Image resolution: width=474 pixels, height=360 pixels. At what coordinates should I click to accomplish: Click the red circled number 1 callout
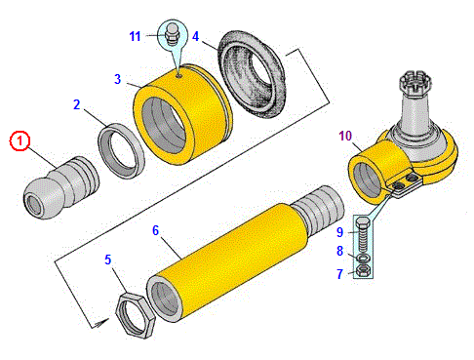coord(20,140)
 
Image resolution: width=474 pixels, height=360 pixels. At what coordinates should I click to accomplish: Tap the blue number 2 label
coord(77,104)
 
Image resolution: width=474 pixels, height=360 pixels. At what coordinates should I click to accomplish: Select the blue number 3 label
coord(118,79)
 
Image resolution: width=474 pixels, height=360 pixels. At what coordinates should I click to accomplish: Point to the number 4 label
coord(195,36)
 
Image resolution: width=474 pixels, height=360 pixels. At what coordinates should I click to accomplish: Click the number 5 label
coord(108,260)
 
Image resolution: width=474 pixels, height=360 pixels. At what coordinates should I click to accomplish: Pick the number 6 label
coord(156,230)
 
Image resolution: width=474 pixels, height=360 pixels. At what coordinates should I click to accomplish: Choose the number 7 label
coord(340,274)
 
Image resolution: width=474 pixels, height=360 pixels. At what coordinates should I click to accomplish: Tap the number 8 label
coord(340,251)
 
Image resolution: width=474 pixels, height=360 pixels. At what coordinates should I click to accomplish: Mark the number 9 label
coord(340,232)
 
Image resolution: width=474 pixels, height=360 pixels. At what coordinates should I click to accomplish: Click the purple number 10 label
coord(345,136)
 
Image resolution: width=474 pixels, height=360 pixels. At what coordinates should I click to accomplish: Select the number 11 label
coord(135,36)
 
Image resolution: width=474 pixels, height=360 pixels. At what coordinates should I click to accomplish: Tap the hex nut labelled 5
coord(136,315)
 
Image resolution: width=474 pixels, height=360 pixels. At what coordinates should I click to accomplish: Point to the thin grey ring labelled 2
coord(121,150)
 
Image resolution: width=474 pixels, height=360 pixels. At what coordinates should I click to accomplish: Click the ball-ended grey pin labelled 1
coord(61,187)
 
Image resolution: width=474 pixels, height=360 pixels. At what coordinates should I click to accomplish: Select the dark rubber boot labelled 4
coord(253,74)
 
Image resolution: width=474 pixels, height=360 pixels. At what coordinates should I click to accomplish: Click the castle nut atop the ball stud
coord(415,84)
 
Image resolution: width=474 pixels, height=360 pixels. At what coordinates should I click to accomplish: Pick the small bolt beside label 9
coord(362,235)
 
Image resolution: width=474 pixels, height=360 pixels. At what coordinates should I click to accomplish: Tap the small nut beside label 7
coord(363,271)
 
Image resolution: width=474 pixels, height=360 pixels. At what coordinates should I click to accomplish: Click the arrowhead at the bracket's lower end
coord(101,323)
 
